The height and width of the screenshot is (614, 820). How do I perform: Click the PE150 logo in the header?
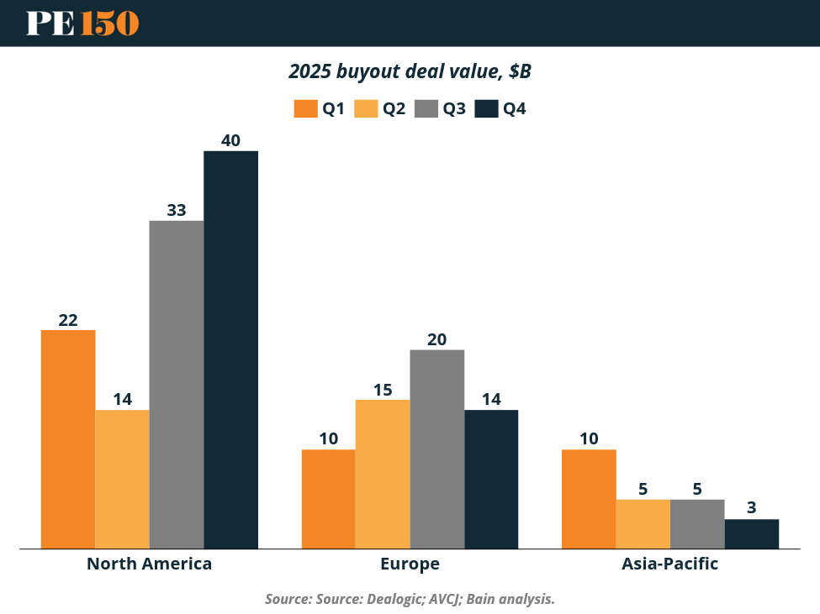tap(82, 23)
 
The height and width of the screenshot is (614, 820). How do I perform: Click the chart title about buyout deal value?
tap(410, 71)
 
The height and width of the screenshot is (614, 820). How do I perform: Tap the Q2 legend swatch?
tap(365, 108)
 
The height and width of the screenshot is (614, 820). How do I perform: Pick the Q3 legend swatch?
tap(426, 108)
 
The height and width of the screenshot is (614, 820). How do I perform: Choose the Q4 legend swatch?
tap(486, 108)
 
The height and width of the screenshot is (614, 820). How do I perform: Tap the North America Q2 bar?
tap(123, 479)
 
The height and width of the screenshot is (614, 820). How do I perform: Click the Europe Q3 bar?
tap(437, 449)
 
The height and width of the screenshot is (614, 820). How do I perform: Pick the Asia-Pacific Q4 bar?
tap(752, 533)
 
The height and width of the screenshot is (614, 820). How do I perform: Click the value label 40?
tap(230, 140)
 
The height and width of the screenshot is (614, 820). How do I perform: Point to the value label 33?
tap(177, 210)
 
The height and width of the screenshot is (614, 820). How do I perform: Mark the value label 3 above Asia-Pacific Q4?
tap(752, 508)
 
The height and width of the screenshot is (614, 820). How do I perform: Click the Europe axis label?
tap(410, 564)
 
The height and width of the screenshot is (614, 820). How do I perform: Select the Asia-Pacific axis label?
tap(669, 564)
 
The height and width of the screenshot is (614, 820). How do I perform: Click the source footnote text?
tap(410, 599)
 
